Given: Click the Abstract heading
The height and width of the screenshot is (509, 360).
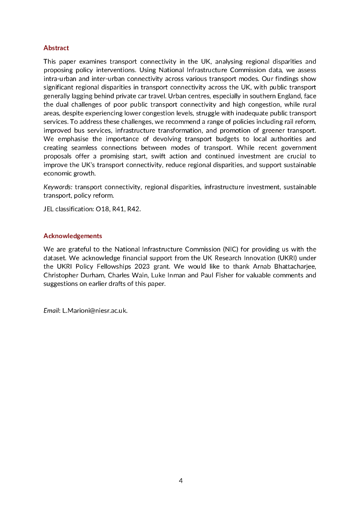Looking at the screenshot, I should pos(56,48).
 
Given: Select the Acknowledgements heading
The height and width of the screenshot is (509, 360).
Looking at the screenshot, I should pos(73,236).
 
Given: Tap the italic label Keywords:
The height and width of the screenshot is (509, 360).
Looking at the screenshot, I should pos(58,187).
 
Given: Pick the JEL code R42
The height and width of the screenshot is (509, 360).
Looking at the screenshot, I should pos(134,209).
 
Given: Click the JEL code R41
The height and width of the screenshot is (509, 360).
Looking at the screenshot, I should pos(118,209).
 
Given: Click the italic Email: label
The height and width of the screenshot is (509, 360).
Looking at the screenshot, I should pos(52,311).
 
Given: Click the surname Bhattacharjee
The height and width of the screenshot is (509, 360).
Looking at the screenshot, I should pos(294,267).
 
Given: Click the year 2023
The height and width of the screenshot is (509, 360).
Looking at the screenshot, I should pos(133,267).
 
